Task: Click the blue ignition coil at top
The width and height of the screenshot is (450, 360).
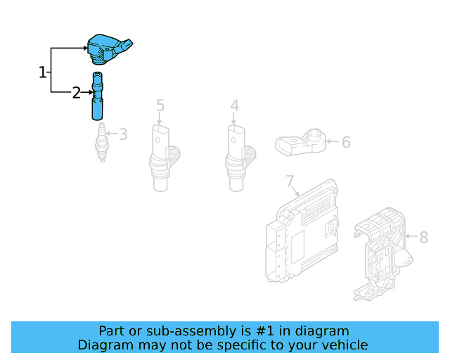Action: pyautogui.click(x=108, y=49)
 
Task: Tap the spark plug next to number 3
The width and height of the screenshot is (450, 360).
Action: pyautogui.click(x=102, y=143)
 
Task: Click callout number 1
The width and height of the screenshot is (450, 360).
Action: pyautogui.click(x=42, y=72)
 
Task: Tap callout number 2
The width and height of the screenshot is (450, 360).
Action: pyautogui.click(x=76, y=92)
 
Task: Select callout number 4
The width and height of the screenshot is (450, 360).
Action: pyautogui.click(x=234, y=105)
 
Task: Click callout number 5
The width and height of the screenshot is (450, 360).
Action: pyautogui.click(x=160, y=105)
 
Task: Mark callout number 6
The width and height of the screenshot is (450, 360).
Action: pyautogui.click(x=345, y=143)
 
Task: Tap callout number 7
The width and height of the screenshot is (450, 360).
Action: pyautogui.click(x=290, y=182)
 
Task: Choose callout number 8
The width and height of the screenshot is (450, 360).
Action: pyautogui.click(x=423, y=238)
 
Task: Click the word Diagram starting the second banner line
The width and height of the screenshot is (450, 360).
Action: pyautogui.click(x=103, y=345)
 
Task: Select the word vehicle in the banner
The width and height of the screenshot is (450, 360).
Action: pyautogui.click(x=345, y=345)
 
